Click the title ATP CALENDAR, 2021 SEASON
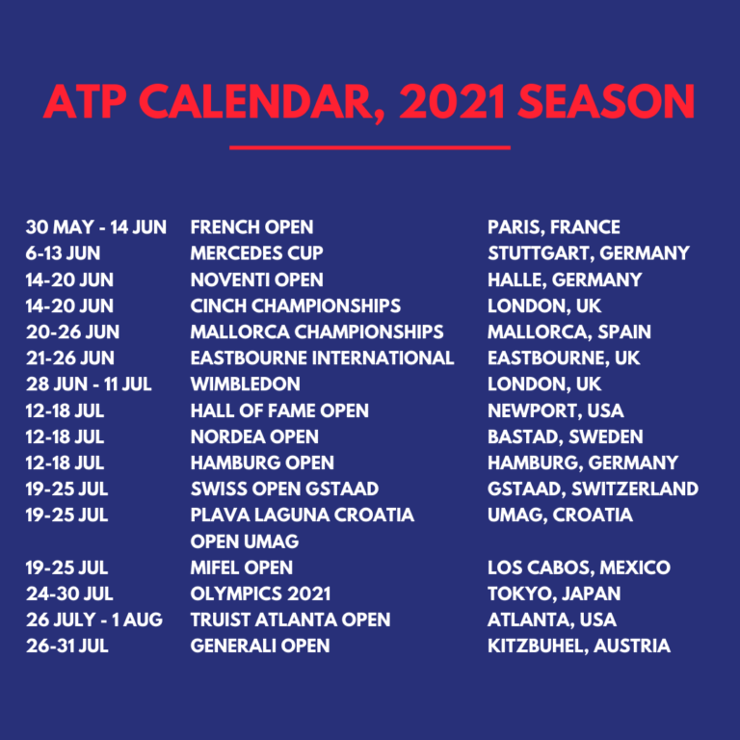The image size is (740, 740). tap(369, 100)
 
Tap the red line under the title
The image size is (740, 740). tap(369, 147)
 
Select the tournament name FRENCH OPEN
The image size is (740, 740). tap(251, 227)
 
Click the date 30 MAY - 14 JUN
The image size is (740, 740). tap(96, 227)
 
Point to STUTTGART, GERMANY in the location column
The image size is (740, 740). tap(588, 253)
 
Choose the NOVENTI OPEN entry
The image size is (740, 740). tap(256, 279)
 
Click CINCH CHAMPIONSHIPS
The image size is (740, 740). tap(295, 305)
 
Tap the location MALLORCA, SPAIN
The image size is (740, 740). tap(568, 331)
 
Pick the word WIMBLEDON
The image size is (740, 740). tap(245, 383)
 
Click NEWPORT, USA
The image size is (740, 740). tap(555, 410)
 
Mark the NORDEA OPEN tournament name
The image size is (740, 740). tap(254, 436)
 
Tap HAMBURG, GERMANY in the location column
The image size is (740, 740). tap(582, 462)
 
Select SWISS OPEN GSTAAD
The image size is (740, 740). tap(284, 489)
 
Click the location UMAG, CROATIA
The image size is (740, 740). tap(560, 515)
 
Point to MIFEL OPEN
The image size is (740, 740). tap(241, 568)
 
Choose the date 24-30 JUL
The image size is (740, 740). tap(69, 594)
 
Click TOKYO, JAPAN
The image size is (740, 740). tap(554, 594)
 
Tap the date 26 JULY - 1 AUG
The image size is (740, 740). tap(94, 620)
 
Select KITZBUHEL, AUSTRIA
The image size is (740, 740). tap(578, 646)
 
